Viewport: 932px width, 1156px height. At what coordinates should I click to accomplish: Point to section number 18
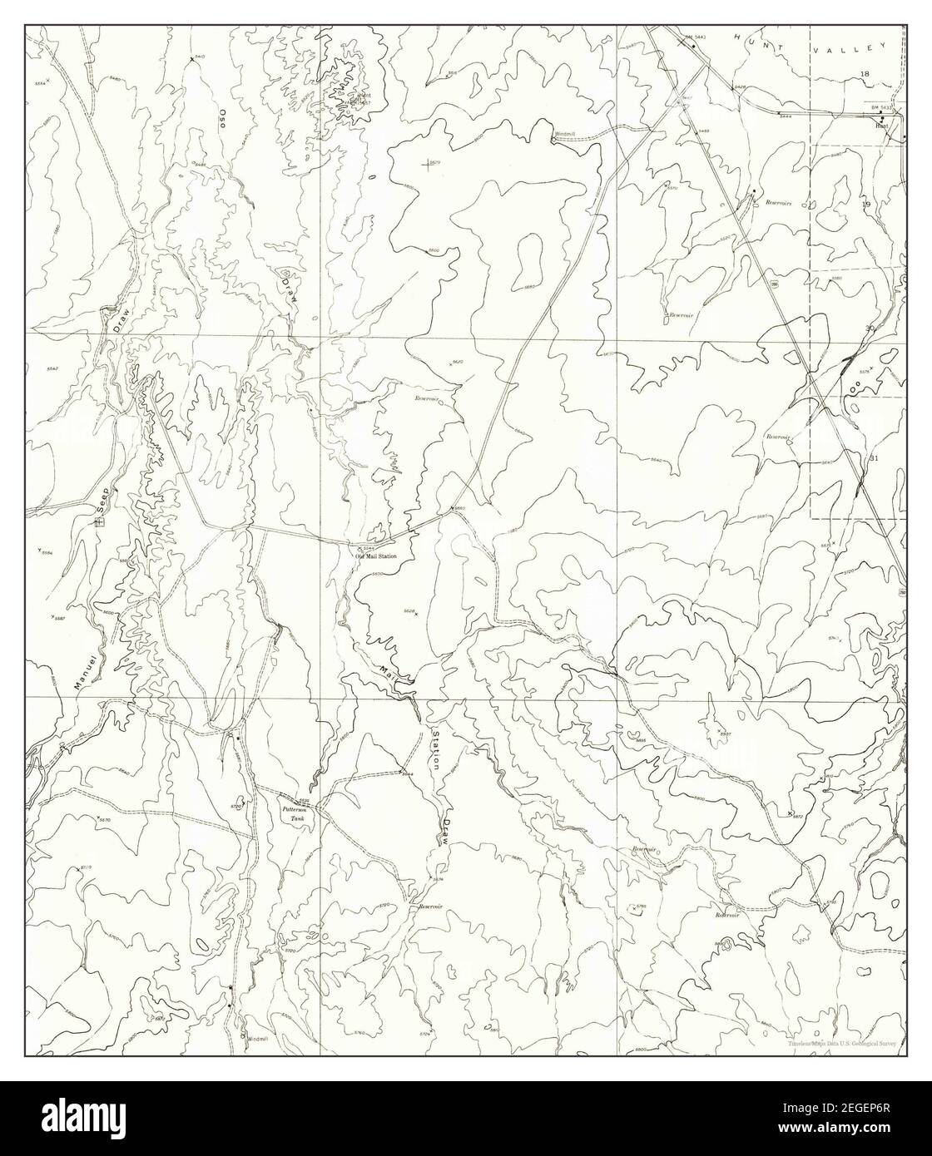pos(865,75)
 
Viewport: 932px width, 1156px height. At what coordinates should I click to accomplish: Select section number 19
pos(865,204)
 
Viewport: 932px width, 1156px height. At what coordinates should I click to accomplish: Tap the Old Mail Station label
pos(377,556)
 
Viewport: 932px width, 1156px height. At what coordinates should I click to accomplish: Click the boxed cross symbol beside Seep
pos(99,522)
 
